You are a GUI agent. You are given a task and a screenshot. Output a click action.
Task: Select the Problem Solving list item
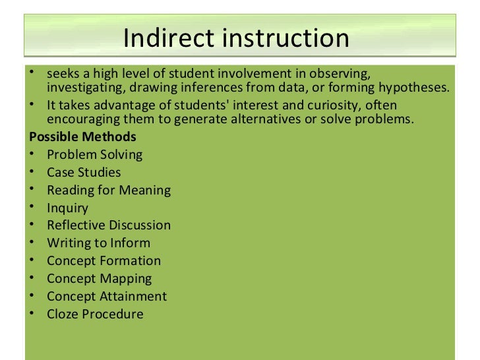94,155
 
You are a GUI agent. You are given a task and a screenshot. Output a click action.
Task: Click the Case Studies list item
84,173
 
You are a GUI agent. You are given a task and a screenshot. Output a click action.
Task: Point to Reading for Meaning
109,191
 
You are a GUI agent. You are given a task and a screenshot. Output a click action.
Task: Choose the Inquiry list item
67,208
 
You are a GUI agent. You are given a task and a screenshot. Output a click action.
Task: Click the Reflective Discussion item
109,225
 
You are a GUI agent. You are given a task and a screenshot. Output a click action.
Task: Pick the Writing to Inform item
98,243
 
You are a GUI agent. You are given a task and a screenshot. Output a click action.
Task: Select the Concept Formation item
104,261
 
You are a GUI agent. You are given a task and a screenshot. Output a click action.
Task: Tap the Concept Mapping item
99,279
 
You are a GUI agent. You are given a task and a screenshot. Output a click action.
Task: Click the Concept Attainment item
107,296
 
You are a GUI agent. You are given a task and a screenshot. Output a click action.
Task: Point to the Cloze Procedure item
95,314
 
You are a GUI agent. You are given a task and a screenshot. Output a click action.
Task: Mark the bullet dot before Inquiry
32,208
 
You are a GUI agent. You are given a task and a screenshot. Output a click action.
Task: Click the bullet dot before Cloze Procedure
32,314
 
